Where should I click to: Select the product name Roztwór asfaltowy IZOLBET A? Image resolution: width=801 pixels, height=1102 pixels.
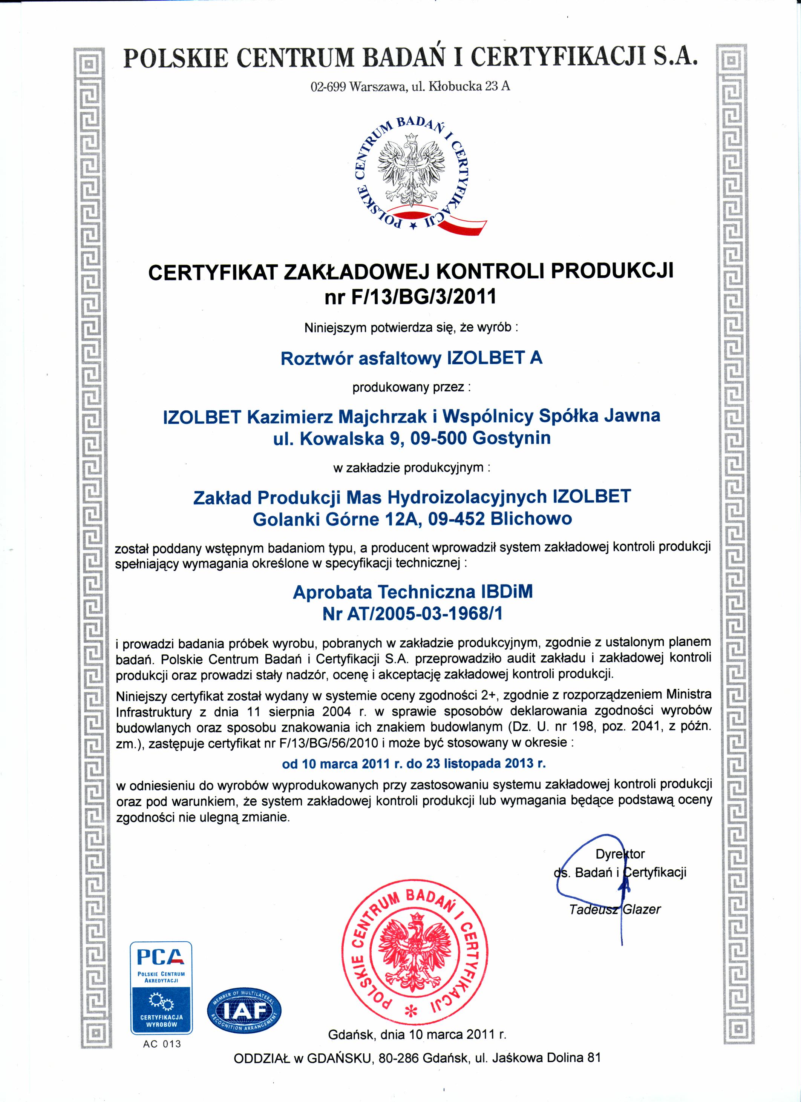[411, 358]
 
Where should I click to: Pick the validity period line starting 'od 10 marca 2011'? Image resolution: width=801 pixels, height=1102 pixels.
[414, 763]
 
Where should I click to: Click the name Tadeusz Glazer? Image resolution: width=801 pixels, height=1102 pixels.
[614, 909]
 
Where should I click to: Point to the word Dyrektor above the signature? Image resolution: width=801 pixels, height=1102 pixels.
[620, 854]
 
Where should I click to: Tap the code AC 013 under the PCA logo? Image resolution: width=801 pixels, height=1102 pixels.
[162, 1044]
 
